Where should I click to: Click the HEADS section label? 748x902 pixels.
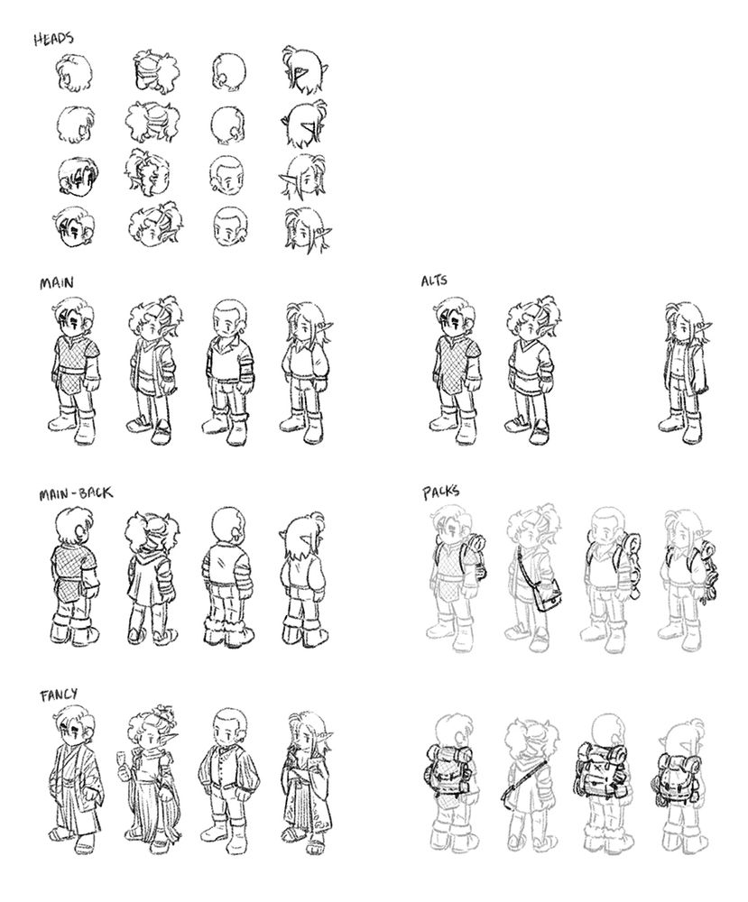tap(53, 39)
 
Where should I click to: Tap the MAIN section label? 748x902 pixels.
tap(56, 283)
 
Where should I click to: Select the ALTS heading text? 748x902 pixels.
tap(434, 281)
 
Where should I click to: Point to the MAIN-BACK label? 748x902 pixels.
tap(76, 493)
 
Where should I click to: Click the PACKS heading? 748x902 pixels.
tap(441, 492)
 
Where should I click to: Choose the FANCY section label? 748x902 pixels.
tap(59, 695)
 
